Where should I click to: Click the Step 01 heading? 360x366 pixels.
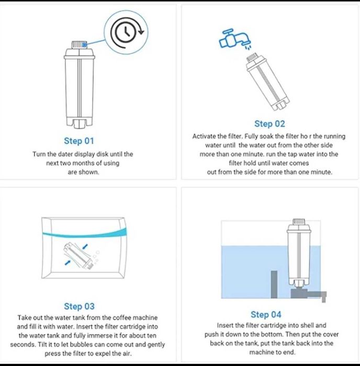[x=79, y=141]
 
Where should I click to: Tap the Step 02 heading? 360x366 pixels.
[x=269, y=124]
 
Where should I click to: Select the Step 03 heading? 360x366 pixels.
[x=79, y=306]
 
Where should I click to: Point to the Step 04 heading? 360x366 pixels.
[x=266, y=314]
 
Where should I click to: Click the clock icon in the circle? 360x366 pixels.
[x=126, y=32]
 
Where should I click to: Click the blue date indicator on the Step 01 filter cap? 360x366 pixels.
[x=85, y=44]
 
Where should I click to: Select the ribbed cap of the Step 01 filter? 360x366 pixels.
[x=80, y=44]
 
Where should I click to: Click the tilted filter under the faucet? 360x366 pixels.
[x=267, y=82]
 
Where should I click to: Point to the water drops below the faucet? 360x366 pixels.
[x=249, y=48]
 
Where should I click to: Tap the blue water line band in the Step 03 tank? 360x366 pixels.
[x=85, y=233]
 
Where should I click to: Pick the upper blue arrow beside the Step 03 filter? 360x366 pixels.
[x=85, y=246]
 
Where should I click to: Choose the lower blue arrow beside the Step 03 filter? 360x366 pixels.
[x=67, y=262]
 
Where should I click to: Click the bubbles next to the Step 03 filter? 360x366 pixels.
[x=96, y=256]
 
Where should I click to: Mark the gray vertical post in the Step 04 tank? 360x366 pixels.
[x=274, y=284]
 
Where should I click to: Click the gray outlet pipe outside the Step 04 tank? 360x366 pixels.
[x=323, y=297]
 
